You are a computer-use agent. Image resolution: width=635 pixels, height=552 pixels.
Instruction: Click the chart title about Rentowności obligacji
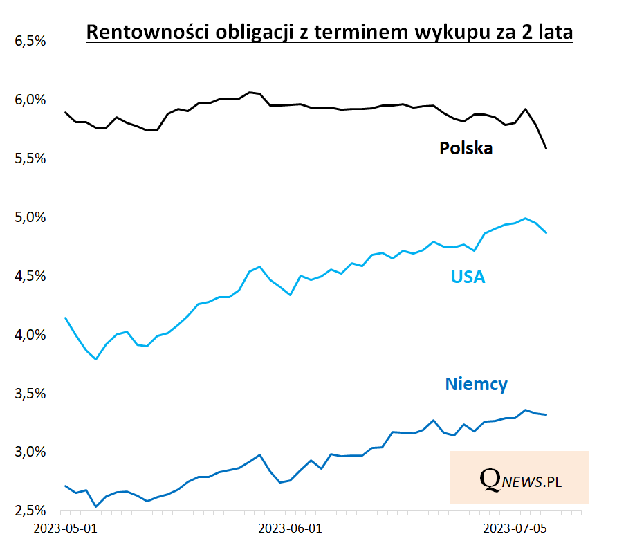tap(329, 33)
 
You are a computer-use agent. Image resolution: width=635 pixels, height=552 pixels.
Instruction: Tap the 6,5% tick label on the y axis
tap(30, 42)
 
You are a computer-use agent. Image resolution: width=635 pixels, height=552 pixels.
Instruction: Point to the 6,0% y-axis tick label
tap(30, 100)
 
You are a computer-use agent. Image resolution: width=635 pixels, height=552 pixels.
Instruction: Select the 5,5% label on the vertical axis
tap(30, 159)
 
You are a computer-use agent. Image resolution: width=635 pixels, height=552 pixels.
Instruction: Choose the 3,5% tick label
tap(30, 394)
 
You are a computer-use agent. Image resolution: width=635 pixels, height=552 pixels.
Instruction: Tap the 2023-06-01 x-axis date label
tap(290, 529)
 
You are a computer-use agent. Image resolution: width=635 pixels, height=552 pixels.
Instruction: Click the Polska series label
tap(466, 148)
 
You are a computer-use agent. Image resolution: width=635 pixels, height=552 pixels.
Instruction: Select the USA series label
tap(468, 277)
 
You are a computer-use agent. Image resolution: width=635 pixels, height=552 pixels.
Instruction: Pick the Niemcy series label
tap(477, 385)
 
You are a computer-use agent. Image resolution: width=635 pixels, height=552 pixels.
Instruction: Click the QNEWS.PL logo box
tap(519, 477)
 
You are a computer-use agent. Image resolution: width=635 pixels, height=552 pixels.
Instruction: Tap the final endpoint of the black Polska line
tap(546, 148)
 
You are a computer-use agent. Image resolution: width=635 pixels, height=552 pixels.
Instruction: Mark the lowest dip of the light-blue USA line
tap(96, 359)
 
